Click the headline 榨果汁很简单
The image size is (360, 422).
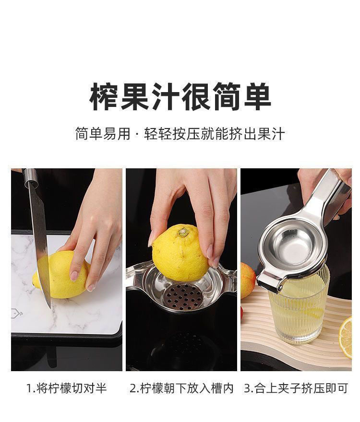180,96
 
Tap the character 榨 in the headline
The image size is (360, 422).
104,96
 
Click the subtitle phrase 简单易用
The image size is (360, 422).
103,134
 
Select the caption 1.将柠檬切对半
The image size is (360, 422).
67,388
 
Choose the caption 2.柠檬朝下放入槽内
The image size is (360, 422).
181,388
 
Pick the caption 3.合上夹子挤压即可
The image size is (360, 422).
296,388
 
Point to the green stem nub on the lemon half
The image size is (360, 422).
183,232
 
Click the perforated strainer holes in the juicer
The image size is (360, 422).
184,295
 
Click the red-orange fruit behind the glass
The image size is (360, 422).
247,281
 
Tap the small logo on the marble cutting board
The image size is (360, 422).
17,313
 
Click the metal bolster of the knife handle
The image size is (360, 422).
30,177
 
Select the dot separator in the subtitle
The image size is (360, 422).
137,134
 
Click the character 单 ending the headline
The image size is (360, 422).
257,96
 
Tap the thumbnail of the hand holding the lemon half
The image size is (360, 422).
181,270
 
